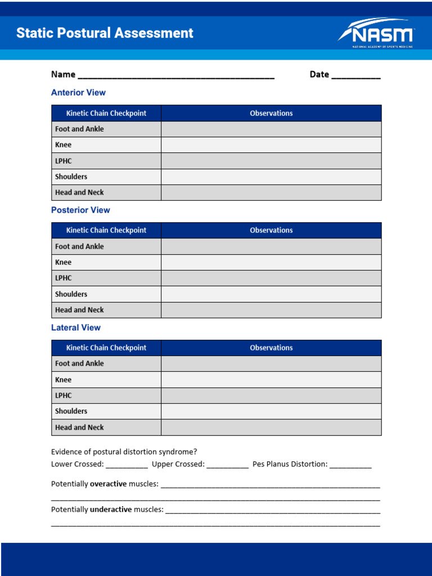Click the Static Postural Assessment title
[x=105, y=33]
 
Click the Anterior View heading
[x=78, y=93]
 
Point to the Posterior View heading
[x=80, y=210]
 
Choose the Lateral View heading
[x=76, y=328]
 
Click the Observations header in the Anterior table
[x=271, y=113]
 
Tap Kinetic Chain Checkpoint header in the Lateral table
[x=106, y=348]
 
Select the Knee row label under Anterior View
[x=64, y=145]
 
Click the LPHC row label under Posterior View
[x=64, y=278]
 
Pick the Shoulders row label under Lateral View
[x=71, y=411]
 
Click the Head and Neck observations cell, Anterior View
[x=271, y=192]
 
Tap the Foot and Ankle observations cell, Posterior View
[x=271, y=246]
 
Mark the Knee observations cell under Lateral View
[x=271, y=380]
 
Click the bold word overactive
[x=109, y=484]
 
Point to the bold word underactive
[x=111, y=510]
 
